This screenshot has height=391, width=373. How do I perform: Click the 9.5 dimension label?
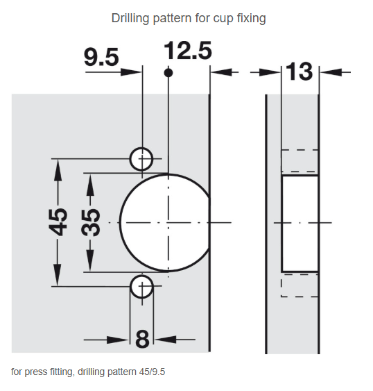tap(101, 58)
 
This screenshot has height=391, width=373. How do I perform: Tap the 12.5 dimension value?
tap(188, 51)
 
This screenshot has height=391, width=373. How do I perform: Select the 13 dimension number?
tap(300, 72)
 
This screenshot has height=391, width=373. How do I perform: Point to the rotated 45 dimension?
tap(58, 222)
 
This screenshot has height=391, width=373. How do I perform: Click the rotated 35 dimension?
tap(90, 222)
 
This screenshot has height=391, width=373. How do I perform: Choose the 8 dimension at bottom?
tap(142, 340)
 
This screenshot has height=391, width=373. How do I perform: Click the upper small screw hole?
tap(141, 159)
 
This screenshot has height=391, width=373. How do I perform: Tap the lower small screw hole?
tap(141, 287)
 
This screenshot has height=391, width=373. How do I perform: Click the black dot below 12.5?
tap(168, 73)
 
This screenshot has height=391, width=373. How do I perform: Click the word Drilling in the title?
tap(130, 19)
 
